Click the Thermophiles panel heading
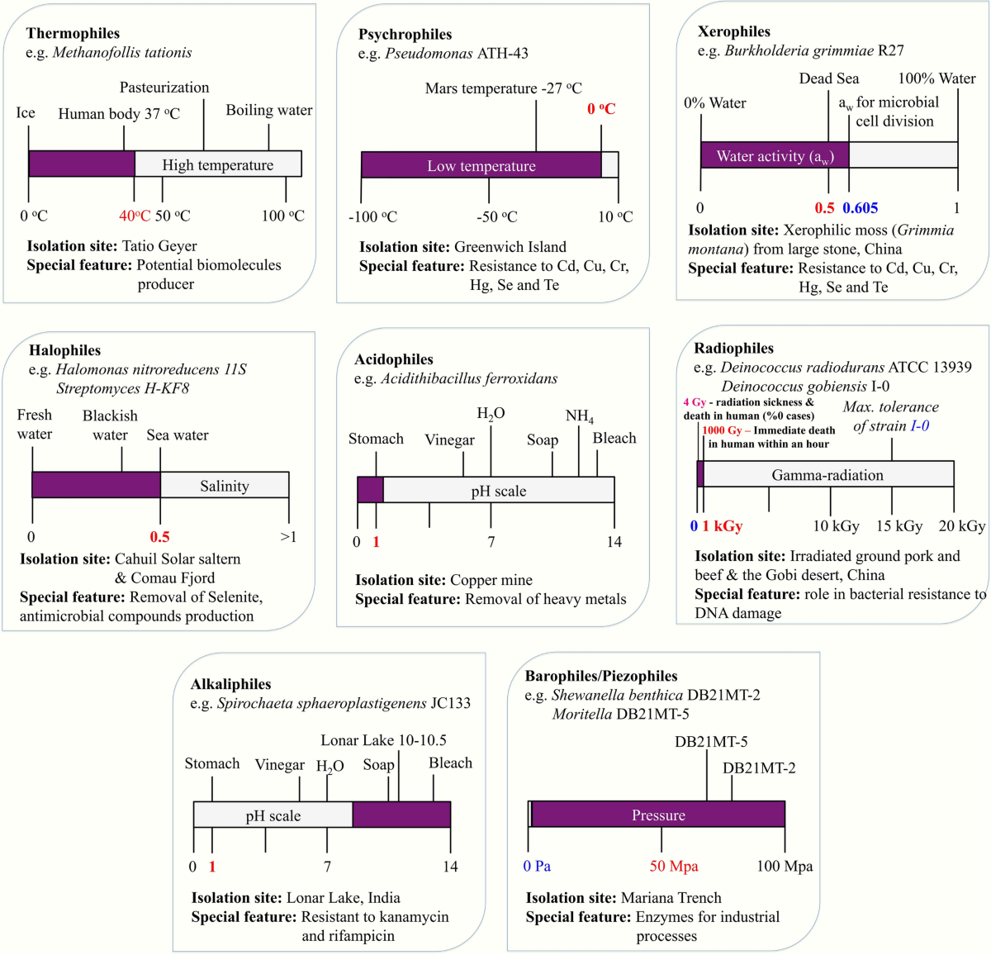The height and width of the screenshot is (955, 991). (73, 34)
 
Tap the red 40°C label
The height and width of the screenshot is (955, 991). (135, 216)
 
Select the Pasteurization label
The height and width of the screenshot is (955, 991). (164, 88)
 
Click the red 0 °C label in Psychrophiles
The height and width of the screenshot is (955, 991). (601, 108)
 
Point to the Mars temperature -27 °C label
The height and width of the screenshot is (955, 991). (503, 88)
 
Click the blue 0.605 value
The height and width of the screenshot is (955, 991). (861, 208)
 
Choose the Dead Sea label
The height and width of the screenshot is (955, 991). (828, 78)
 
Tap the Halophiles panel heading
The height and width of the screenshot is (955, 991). (64, 350)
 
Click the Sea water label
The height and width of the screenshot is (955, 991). (178, 435)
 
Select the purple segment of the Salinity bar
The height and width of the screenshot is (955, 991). (97, 484)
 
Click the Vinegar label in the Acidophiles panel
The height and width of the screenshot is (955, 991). (450, 439)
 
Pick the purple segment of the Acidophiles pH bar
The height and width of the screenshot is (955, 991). (370, 489)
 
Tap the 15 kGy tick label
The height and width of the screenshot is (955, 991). (899, 526)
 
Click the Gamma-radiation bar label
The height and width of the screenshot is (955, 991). (827, 475)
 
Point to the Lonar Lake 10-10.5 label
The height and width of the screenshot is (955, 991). (383, 740)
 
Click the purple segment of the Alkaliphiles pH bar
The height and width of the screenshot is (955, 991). (401, 814)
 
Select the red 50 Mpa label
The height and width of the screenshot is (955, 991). (674, 866)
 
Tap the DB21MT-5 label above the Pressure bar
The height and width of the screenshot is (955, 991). (711, 742)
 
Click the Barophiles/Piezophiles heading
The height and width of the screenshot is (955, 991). (601, 676)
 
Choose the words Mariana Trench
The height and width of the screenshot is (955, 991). (671, 897)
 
